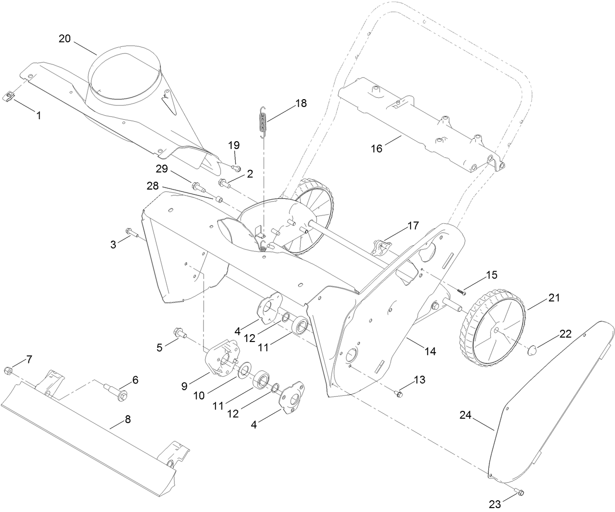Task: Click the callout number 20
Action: click(x=65, y=39)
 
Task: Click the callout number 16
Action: click(x=376, y=149)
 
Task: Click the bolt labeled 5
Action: click(x=180, y=334)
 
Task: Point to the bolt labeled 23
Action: click(x=520, y=491)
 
